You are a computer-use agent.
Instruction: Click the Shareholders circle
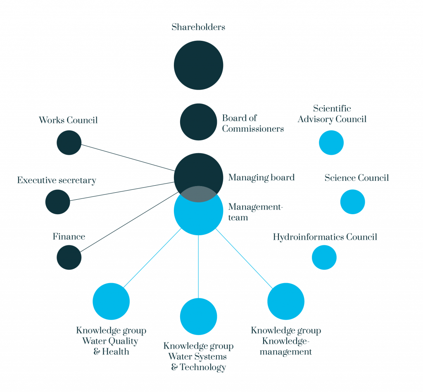pyautogui.click(x=199, y=65)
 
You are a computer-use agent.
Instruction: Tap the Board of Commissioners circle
pyautogui.click(x=199, y=122)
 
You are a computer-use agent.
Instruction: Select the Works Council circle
pyautogui.click(x=69, y=142)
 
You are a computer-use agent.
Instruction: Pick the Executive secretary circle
pyautogui.click(x=58, y=202)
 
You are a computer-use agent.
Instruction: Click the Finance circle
pyautogui.click(x=69, y=257)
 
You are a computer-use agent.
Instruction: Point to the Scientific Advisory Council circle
pyautogui.click(x=331, y=142)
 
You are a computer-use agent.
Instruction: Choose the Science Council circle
pyautogui.click(x=353, y=202)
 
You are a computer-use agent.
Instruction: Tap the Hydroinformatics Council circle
pyautogui.click(x=324, y=257)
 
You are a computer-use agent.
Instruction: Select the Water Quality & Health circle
pyautogui.click(x=111, y=301)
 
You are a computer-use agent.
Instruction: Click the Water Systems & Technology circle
pyautogui.click(x=199, y=316)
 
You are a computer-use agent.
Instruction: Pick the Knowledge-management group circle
pyautogui.click(x=286, y=301)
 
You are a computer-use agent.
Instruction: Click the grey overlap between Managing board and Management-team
pyautogui.click(x=199, y=194)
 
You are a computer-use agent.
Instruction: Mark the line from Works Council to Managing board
pyautogui.click(x=128, y=158)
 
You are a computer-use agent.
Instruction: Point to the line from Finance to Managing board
pyautogui.click(x=129, y=222)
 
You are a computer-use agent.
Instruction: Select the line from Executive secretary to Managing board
pyautogui.click(x=122, y=191)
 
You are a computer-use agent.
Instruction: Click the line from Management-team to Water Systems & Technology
pyautogui.click(x=199, y=267)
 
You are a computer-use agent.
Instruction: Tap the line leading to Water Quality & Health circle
pyautogui.click(x=152, y=258)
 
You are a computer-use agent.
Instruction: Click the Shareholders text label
pyautogui.click(x=198, y=27)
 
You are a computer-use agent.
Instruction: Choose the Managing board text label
pyautogui.click(x=261, y=178)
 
